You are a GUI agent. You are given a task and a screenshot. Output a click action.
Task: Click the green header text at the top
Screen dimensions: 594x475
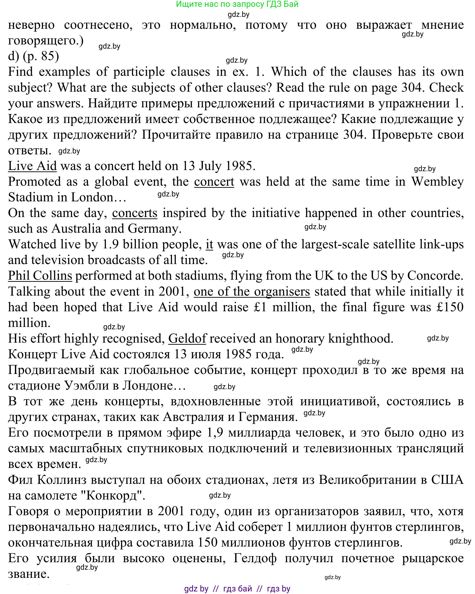pos(237,4)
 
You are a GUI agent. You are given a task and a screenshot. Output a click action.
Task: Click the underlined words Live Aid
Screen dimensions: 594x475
pos(32,166)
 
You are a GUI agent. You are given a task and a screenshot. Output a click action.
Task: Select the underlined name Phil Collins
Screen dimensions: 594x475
pos(40,276)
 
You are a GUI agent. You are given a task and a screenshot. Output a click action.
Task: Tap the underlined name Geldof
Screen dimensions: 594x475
pos(187,339)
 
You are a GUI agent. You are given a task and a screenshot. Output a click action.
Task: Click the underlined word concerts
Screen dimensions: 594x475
pos(135,213)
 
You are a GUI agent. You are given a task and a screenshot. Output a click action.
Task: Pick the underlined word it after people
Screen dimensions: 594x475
pos(209,245)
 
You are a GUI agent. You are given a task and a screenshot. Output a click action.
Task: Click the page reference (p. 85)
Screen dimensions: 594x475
pos(41,56)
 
